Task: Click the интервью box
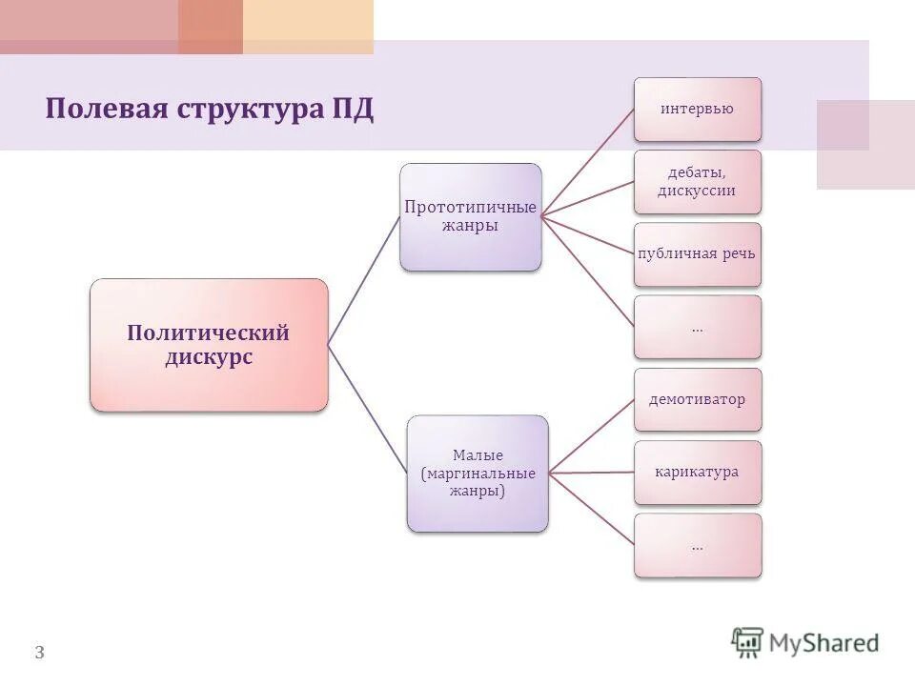[698, 109]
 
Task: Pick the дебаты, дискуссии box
[698, 181]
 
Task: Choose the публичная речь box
[698, 254]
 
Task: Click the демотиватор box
[698, 399]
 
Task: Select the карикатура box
[698, 472]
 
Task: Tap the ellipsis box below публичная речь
[698, 327]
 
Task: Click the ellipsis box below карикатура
[698, 545]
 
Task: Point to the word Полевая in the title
[105, 109]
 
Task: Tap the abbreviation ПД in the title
[352, 109]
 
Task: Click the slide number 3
[39, 653]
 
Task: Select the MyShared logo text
[824, 643]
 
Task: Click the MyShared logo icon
[748, 643]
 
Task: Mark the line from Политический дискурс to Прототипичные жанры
[363, 280]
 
